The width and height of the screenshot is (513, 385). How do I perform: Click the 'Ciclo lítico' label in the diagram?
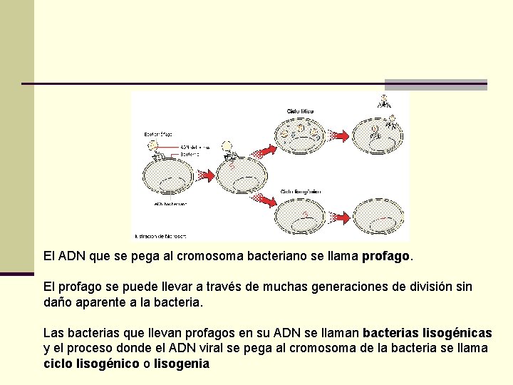[300, 111]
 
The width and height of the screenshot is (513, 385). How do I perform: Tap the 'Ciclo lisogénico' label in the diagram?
[301, 191]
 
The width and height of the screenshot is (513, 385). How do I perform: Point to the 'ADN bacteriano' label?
[170, 203]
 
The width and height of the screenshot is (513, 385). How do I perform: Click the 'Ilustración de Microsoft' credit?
[159, 235]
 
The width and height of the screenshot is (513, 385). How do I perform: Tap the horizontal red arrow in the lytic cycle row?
[340, 135]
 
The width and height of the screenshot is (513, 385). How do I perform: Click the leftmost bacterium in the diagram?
[169, 175]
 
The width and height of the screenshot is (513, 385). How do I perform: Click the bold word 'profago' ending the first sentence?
[386, 255]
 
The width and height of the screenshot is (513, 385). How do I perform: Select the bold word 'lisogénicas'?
[457, 333]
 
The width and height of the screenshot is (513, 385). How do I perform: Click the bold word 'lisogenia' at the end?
[182, 364]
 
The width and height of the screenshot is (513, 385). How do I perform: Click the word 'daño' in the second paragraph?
[58, 302]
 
